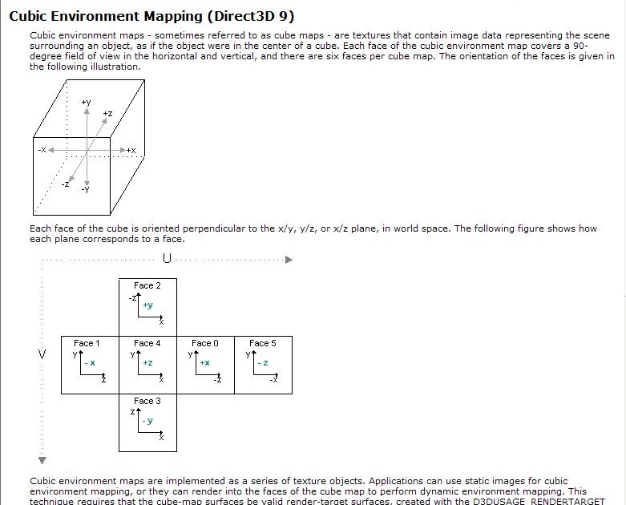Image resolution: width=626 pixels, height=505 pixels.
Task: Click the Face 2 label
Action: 147,285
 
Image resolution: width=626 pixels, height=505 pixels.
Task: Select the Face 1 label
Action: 87,343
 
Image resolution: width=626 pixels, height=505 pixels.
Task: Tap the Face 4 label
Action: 147,343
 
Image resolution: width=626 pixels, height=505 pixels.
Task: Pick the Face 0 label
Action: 205,343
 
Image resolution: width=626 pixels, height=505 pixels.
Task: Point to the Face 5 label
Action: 263,343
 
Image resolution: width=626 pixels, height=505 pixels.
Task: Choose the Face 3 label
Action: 147,401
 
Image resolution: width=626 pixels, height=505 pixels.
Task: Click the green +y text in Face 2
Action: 148,305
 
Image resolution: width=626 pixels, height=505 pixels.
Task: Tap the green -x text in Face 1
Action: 90,363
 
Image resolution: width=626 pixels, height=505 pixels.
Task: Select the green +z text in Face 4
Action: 147,363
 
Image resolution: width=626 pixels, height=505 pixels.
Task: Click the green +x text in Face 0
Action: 205,363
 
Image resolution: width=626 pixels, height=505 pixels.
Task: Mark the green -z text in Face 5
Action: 263,363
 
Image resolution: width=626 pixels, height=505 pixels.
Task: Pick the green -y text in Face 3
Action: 148,421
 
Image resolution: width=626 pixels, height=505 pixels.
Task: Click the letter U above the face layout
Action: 167,259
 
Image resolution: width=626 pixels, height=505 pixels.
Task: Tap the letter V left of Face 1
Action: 42,353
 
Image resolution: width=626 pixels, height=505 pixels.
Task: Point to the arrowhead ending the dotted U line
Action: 289,260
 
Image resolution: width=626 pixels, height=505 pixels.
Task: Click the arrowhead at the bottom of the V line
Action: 42,460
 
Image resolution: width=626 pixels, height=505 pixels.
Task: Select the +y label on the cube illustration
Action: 86,103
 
